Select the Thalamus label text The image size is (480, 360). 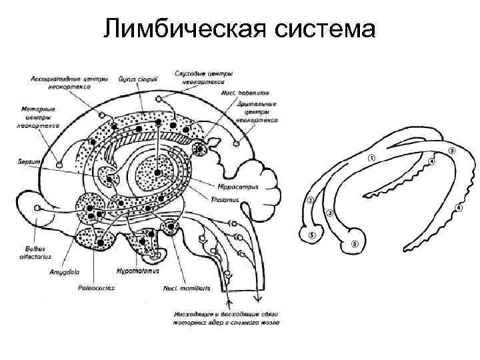tap(234, 197)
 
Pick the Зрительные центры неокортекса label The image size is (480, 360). tap(256, 113)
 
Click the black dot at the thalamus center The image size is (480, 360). tap(158, 173)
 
